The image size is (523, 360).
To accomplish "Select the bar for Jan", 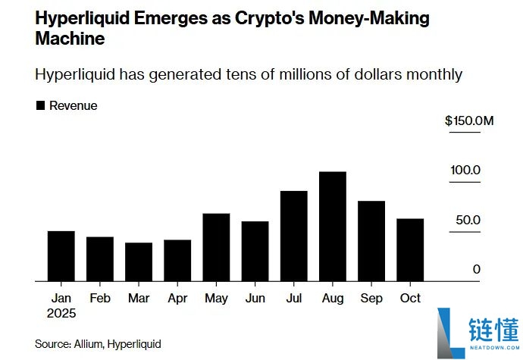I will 61,256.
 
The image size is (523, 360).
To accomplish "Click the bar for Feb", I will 100,259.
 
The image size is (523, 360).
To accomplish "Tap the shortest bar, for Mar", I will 139,262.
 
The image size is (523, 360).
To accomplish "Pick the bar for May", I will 217,248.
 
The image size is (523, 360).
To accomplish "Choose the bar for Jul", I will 294,236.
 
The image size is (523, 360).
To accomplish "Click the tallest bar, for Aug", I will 333,227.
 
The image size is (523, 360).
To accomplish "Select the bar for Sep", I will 371,241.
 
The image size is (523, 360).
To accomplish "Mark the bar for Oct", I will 410,250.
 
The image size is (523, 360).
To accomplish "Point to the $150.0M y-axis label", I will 469,121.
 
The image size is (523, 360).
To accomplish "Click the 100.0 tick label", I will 465,170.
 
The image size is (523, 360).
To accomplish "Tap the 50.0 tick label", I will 466,220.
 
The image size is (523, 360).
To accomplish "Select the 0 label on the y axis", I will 477,269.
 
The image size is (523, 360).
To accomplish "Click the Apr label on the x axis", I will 177,299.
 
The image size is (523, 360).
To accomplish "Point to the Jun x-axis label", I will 255,299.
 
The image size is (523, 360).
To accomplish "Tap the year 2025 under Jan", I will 61,313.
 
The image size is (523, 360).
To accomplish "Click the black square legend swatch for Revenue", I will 40,106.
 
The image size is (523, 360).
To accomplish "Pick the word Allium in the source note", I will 88,344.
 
